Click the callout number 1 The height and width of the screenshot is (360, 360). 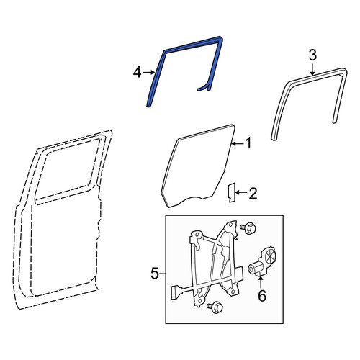(x=248, y=143)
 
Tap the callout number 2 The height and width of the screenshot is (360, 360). (x=253, y=194)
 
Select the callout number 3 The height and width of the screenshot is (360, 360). (x=312, y=55)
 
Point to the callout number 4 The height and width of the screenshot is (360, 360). (x=137, y=72)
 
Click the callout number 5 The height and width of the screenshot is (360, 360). (x=155, y=274)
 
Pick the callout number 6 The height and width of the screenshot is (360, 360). (x=262, y=295)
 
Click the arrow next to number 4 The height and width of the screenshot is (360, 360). (x=148, y=72)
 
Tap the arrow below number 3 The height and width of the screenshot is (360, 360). (x=312, y=69)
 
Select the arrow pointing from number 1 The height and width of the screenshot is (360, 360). (x=238, y=144)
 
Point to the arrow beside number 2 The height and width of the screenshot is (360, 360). (x=241, y=192)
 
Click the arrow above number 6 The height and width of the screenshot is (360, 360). (x=261, y=282)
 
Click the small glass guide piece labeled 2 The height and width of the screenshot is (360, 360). (x=232, y=192)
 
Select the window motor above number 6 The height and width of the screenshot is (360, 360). (x=262, y=263)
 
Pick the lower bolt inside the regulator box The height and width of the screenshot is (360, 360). (x=215, y=307)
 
